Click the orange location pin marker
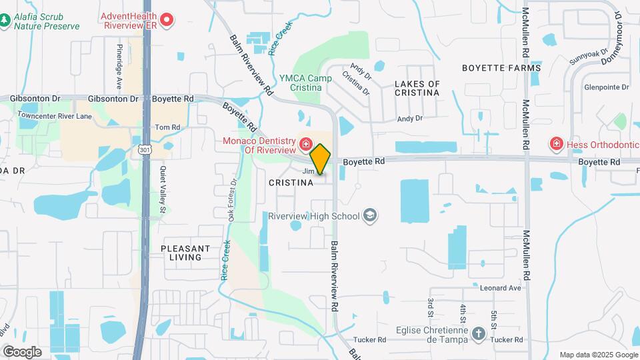click(x=321, y=159)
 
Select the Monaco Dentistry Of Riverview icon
click(x=305, y=144)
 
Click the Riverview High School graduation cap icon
click(x=370, y=216)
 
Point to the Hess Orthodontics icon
click(x=555, y=143)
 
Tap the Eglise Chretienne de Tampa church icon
click(x=478, y=333)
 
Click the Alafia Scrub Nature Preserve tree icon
click(x=5, y=21)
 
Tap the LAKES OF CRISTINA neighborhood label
click(x=417, y=89)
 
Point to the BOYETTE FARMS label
click(x=494, y=68)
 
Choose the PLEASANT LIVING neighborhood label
click(x=185, y=253)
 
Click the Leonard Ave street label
click(x=500, y=288)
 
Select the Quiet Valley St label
click(x=162, y=191)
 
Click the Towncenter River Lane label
click(x=55, y=116)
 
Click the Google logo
click(x=22, y=351)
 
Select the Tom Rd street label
click(x=167, y=127)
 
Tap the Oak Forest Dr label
click(x=233, y=200)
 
